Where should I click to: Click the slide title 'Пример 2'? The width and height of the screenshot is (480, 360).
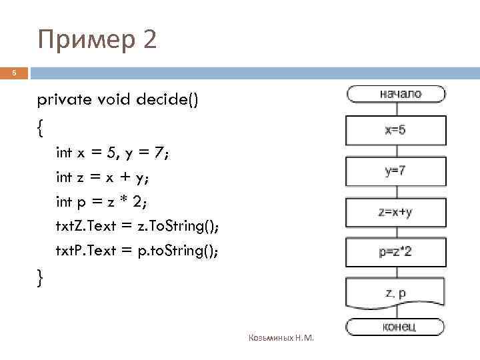pos(98,40)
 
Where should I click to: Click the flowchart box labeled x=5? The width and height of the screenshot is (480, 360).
pos(395,130)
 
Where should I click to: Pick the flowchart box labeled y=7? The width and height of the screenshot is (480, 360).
pos(395,171)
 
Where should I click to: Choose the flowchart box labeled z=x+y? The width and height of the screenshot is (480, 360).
pos(395,213)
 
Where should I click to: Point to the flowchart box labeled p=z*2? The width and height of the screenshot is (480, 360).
pos(395,252)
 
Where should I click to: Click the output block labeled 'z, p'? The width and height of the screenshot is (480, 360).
pos(395,293)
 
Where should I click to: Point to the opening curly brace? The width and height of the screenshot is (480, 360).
pos(41,127)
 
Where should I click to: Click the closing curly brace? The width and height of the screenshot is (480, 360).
pos(41,275)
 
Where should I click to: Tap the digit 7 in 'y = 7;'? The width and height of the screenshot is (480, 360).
pos(158,153)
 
